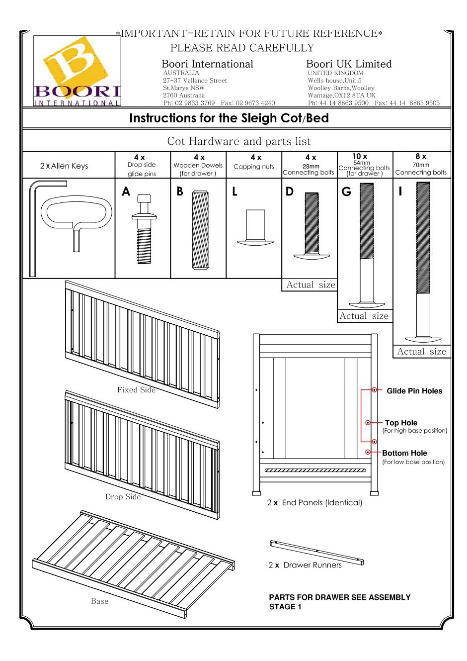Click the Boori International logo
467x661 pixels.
tap(77, 71)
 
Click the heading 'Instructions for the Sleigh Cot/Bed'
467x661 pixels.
tap(229, 118)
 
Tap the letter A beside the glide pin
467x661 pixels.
tap(126, 192)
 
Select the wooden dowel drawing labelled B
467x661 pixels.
tap(200, 230)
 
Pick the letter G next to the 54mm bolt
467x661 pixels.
tap(346, 192)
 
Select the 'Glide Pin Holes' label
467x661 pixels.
tap(414, 391)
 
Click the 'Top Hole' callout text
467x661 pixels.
tap(401, 423)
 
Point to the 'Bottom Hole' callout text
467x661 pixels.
tap(404, 453)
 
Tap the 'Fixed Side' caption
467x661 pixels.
tap(136, 390)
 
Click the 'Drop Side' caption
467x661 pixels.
tap(123, 497)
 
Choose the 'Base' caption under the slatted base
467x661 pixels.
tap(99, 601)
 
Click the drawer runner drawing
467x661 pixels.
tap(316, 552)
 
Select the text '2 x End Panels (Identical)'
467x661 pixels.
tap(314, 503)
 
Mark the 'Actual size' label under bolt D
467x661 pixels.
tap(311, 285)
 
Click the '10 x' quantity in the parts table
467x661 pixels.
tap(360, 156)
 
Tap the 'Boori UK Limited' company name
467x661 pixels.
tap(349, 64)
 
